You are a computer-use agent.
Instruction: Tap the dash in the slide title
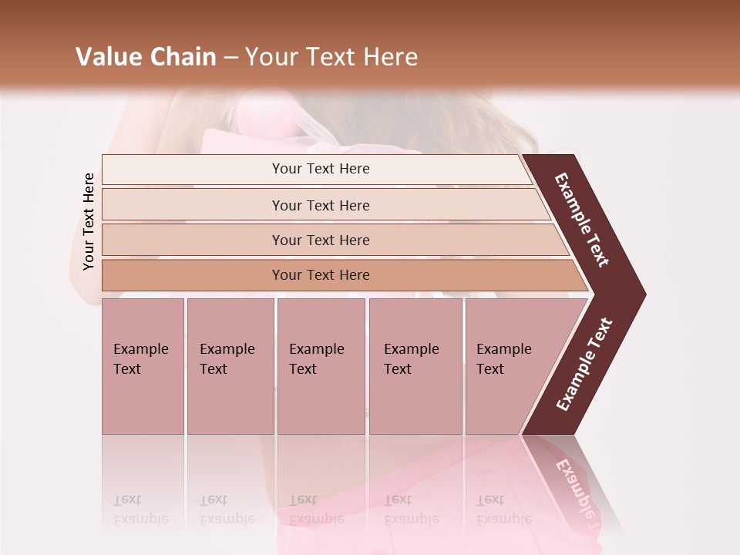pyautogui.click(x=230, y=58)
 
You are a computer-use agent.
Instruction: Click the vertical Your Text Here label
pyautogui.click(x=89, y=221)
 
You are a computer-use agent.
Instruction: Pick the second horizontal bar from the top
pyautogui.click(x=321, y=205)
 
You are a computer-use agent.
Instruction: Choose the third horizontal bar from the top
pyautogui.click(x=321, y=240)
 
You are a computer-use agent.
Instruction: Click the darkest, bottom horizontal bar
pyautogui.click(x=321, y=275)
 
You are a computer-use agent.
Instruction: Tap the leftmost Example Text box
pyautogui.click(x=143, y=365)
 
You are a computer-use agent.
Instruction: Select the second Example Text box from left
pyautogui.click(x=230, y=365)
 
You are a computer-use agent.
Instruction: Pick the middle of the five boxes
pyautogui.click(x=321, y=365)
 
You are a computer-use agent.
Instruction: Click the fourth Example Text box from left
pyautogui.click(x=415, y=365)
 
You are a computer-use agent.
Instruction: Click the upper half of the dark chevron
pyautogui.click(x=584, y=220)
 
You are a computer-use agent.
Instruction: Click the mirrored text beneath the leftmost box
pyautogui.click(x=140, y=509)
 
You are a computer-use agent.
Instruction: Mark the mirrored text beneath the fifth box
pyautogui.click(x=503, y=509)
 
